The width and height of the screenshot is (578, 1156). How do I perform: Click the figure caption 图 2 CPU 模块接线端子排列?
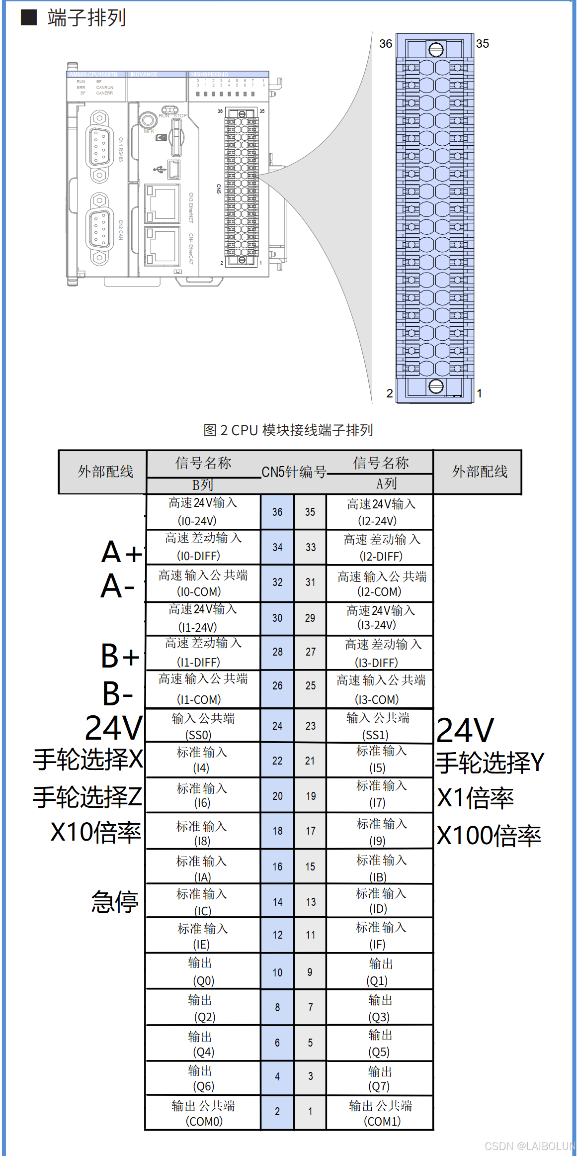coord(288,430)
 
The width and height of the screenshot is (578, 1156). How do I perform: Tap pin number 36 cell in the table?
coord(277,512)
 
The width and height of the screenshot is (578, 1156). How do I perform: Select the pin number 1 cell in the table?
coord(310,1111)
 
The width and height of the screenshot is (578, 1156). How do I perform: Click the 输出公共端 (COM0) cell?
coord(203,1113)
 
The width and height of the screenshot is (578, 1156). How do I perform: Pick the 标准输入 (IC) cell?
coord(202,902)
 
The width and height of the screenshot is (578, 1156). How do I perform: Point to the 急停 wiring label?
coord(115,902)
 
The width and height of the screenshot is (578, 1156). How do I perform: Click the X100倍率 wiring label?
coord(489,836)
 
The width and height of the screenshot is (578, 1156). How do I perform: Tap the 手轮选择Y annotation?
coord(490,763)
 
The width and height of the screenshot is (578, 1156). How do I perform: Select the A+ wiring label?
coord(121,552)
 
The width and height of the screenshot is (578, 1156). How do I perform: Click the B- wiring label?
coord(118,693)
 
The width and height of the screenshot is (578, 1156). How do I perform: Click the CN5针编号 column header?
coord(294,472)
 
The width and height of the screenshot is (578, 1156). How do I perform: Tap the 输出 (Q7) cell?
coord(380,1078)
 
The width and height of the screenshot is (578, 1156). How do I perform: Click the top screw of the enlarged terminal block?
coord(436,49)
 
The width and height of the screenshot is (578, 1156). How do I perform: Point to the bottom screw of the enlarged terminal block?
coord(436,386)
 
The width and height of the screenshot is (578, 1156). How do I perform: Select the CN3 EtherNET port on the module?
coord(162,203)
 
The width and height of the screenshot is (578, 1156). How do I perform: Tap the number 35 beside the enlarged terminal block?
coord(482,44)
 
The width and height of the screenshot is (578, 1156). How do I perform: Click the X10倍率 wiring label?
coord(95,832)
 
